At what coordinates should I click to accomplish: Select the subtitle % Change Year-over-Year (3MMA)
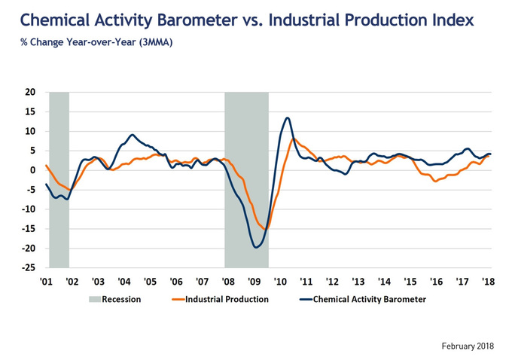coord(97,43)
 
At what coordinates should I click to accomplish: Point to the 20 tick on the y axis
coord(30,93)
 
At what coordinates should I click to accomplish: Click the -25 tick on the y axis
coord(28,268)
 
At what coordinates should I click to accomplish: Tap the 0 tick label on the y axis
coord(33,171)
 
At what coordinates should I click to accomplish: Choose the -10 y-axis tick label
coord(28,210)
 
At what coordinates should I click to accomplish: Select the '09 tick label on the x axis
coord(254,281)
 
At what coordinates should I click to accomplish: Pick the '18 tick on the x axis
coord(488,281)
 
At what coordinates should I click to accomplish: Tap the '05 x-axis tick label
coord(151,281)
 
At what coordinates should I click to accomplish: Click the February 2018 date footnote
coord(468,346)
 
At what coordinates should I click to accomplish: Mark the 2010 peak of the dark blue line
coord(288,117)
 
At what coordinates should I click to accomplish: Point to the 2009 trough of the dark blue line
coord(257,247)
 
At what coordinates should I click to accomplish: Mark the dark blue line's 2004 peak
coord(132,135)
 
